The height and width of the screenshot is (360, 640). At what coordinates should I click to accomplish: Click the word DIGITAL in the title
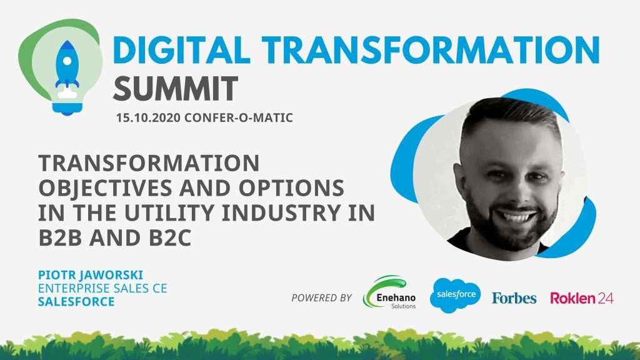[x=181, y=50]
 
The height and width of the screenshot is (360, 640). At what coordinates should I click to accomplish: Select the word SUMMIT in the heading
[x=176, y=89]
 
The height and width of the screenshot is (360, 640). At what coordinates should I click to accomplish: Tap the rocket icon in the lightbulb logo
[x=67, y=64]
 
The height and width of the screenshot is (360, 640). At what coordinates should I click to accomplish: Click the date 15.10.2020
[x=148, y=118]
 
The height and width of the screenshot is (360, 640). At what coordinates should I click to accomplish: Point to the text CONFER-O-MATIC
[x=239, y=118]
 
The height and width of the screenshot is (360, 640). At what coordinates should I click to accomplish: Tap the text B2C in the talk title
[x=170, y=238]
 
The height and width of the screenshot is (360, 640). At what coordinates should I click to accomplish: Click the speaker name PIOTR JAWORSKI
[x=91, y=275]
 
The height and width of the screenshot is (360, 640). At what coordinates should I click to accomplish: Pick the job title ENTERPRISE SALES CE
[x=102, y=289]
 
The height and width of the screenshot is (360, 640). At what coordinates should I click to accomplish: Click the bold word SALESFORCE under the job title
[x=76, y=302]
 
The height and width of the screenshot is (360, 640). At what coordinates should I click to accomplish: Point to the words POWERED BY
[x=322, y=298]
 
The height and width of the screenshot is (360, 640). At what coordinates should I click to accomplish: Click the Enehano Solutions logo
[x=389, y=292]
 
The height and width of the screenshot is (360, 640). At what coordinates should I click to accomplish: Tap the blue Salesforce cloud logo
[x=456, y=295]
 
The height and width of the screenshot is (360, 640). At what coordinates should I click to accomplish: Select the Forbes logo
[x=514, y=298]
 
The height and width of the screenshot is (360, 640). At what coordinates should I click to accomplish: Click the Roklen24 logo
[x=582, y=298]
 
